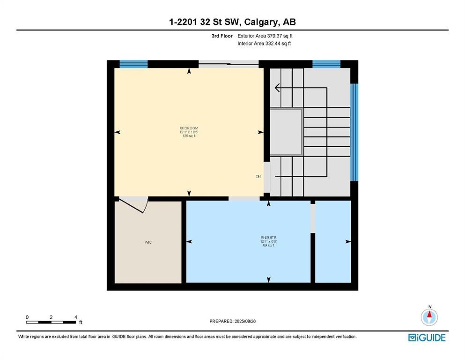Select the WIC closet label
coord(148,242)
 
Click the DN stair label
coord(258,177)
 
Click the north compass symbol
coord(429,317)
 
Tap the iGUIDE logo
coord(427,337)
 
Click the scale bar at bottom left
coord(51,322)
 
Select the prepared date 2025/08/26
coord(233,321)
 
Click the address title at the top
coord(232,22)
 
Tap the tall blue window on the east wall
coord(354,132)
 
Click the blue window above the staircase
coord(326,64)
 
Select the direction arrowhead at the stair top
coord(277,88)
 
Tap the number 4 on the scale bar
coord(75,317)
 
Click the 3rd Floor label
coord(222,36)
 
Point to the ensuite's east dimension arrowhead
coord(348,242)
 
